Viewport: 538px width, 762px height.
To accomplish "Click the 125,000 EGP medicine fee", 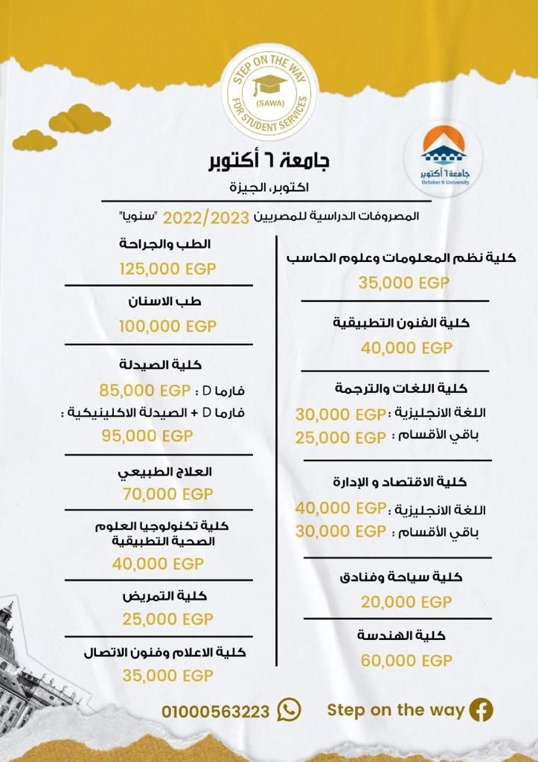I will point(167,269).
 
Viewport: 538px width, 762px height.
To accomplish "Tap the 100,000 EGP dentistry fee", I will point(167,326).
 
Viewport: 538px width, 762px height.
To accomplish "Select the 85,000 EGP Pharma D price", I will point(146,390).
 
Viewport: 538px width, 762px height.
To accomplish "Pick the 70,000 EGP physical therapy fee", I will point(167,493).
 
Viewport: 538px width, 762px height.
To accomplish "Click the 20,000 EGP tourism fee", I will point(406,601).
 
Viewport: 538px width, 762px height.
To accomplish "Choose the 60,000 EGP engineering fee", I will point(406,660).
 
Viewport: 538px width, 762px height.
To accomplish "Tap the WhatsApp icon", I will point(289,710).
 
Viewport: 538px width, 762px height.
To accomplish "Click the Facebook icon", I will point(481,710).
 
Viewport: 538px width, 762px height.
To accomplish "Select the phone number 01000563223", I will point(216,711).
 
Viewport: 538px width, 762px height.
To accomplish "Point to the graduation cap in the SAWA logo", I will point(269,83).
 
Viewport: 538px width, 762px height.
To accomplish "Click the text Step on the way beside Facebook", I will point(396,710).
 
